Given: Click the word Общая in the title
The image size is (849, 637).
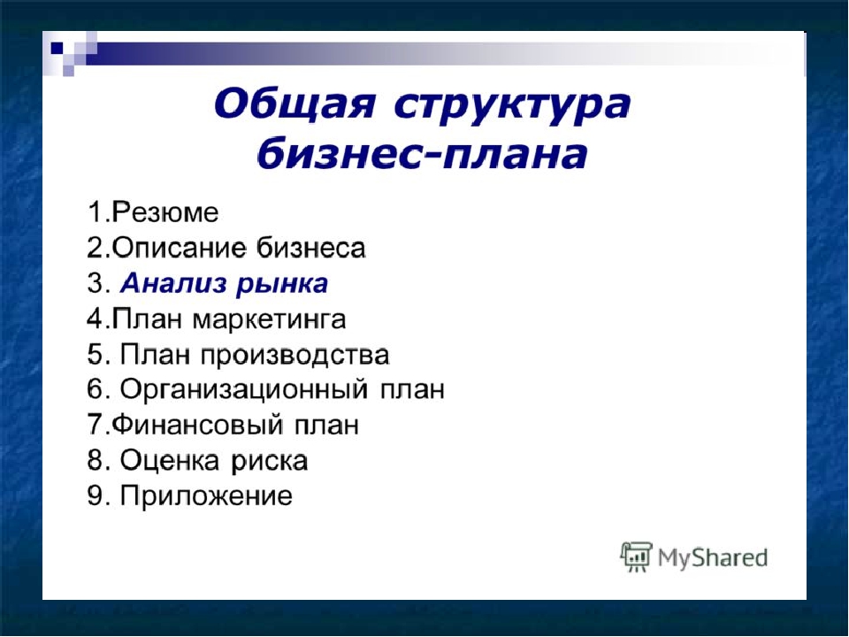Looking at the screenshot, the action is (x=294, y=104).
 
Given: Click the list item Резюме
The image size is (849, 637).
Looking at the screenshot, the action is (x=165, y=211).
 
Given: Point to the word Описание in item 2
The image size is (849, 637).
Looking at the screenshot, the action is (x=180, y=249).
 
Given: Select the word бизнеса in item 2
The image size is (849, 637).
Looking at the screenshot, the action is (x=310, y=248).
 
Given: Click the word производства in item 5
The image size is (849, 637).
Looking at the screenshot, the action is (x=295, y=356).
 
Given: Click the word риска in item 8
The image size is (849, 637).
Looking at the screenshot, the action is (x=270, y=463).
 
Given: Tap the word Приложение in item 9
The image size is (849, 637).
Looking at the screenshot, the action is (x=206, y=496).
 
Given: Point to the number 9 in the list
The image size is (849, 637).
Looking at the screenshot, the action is (x=96, y=496).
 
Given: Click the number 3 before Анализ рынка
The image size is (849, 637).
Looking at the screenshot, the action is (x=96, y=284).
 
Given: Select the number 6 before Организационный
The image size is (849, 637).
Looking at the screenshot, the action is (x=96, y=390).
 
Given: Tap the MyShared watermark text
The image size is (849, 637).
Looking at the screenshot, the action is (x=713, y=558).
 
